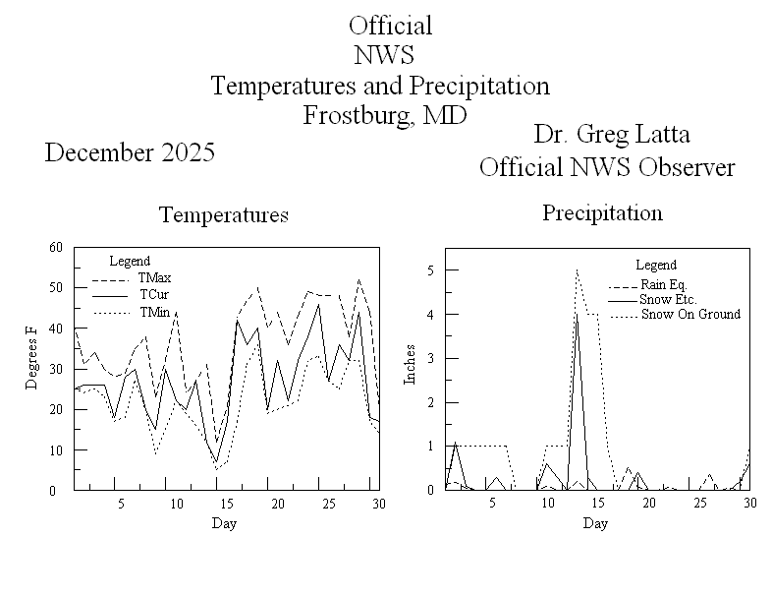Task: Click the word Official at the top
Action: pyautogui.click(x=390, y=26)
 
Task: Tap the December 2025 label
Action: pyautogui.click(x=130, y=152)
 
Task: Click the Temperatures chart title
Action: pyautogui.click(x=224, y=214)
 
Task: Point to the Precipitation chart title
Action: pyautogui.click(x=602, y=212)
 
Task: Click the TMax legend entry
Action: pyautogui.click(x=155, y=278)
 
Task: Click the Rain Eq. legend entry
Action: pyautogui.click(x=666, y=283)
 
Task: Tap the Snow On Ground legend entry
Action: pyautogui.click(x=690, y=315)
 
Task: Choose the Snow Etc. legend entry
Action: pyautogui.click(x=667, y=299)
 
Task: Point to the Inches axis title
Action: pyautogui.click(x=411, y=363)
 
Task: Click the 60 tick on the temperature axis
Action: pyautogui.click(x=56, y=247)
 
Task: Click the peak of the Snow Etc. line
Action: pyautogui.click(x=577, y=315)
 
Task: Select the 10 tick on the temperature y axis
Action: pyautogui.click(x=56, y=450)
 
